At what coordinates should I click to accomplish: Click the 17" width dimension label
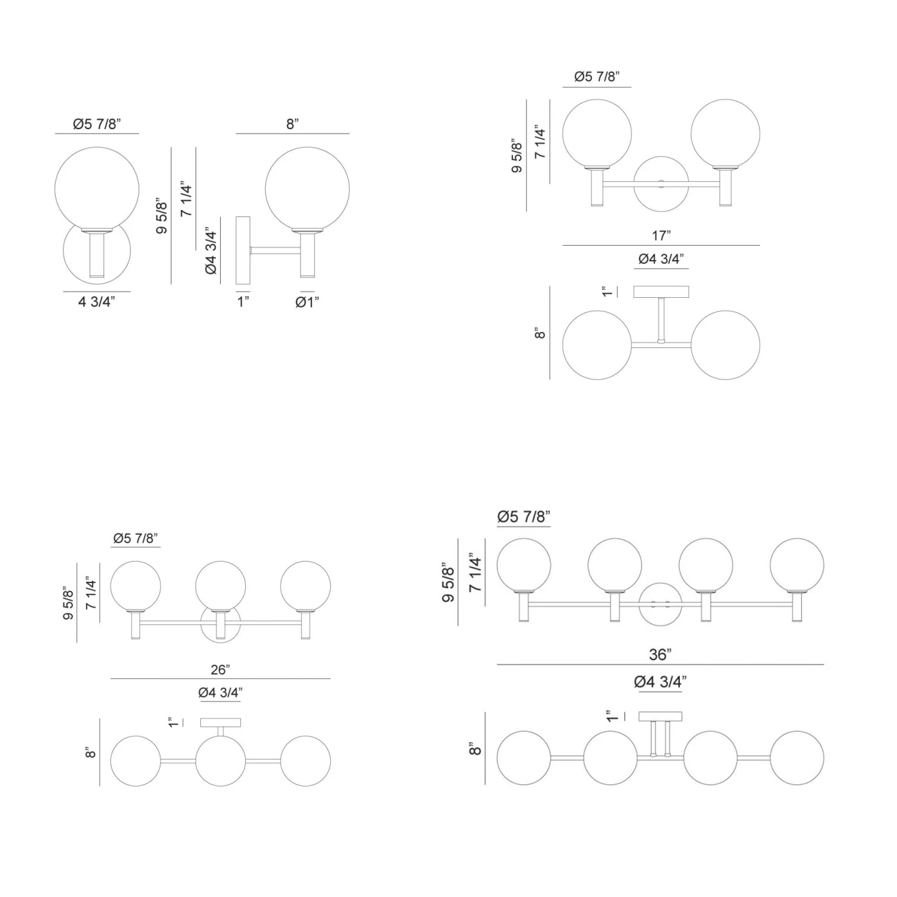tap(661, 236)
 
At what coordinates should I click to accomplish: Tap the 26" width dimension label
tap(220, 670)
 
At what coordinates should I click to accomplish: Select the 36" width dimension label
tap(660, 655)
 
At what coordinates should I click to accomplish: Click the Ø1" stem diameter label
tap(307, 302)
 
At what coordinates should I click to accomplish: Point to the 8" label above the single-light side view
tap(292, 124)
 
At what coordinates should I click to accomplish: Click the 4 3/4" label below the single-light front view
tap(96, 301)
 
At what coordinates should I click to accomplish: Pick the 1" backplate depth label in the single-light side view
tap(243, 301)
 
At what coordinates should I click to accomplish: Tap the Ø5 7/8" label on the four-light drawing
tap(524, 517)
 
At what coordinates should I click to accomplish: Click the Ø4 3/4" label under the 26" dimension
tap(220, 692)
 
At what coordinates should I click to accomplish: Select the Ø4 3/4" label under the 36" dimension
tap(660, 682)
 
